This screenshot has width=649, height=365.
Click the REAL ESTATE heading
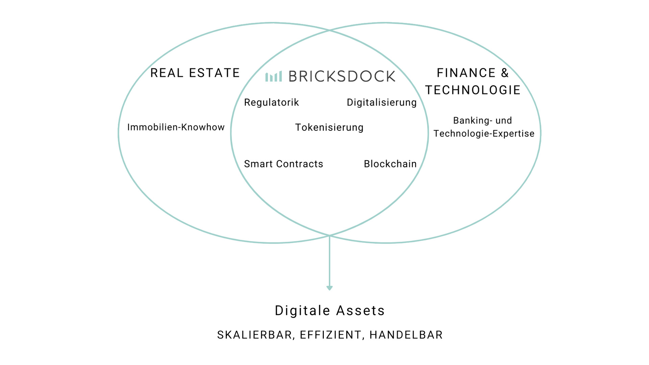pyautogui.click(x=195, y=73)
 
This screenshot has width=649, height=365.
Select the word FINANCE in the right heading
pyautogui.click(x=466, y=73)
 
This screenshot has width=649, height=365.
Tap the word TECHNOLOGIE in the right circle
pyautogui.click(x=473, y=90)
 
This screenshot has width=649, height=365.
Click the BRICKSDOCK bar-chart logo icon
pyautogui.click(x=273, y=76)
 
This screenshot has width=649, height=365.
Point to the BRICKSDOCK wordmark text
pyautogui.click(x=342, y=76)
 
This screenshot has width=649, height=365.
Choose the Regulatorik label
pyautogui.click(x=271, y=102)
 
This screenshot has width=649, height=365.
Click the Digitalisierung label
pyautogui.click(x=382, y=102)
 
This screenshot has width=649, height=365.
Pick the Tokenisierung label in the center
pyautogui.click(x=329, y=127)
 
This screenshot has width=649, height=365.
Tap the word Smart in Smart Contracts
pyautogui.click(x=258, y=164)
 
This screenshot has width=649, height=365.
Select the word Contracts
pyautogui.click(x=300, y=164)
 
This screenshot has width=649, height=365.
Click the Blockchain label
pyautogui.click(x=390, y=164)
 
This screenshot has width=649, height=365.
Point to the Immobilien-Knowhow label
pyautogui.click(x=176, y=127)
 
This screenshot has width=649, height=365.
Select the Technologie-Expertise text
pyautogui.click(x=484, y=134)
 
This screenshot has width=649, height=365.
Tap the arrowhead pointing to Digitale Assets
pyautogui.click(x=330, y=288)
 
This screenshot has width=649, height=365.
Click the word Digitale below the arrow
pyautogui.click(x=302, y=311)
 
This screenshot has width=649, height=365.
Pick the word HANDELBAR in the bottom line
pyautogui.click(x=406, y=335)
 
